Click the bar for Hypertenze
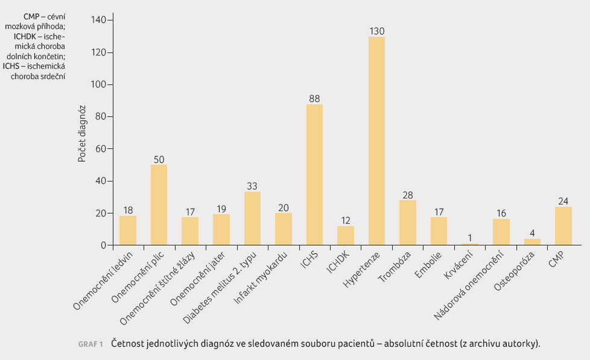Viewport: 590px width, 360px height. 376,141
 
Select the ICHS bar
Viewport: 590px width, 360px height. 314,175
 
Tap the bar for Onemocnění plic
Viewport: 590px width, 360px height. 159,205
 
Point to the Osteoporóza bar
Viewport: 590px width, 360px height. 532,242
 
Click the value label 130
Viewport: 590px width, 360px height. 376,31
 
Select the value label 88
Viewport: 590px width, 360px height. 314,98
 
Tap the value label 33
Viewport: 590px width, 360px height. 252,186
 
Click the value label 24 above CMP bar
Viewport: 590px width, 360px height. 563,201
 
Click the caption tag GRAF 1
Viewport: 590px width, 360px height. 90,344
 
